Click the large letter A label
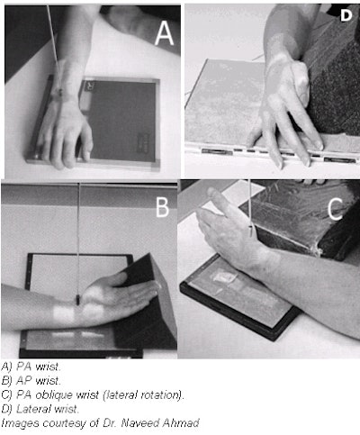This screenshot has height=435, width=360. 164,33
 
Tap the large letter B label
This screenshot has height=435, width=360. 163,207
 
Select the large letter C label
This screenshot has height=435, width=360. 336,208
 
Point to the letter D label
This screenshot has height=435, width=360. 346,15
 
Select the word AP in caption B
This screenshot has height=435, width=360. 24,380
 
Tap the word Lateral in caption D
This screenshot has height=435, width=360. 31,409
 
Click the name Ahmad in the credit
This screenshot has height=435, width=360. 181,423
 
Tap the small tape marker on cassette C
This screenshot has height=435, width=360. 223,277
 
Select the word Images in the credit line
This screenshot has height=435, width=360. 21,423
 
